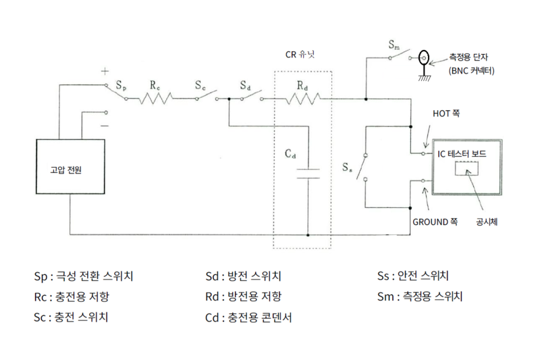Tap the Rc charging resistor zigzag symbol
pyautogui.click(x=155, y=99)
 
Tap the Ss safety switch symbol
pyautogui.click(x=364, y=163)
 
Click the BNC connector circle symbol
pyautogui.click(x=425, y=57)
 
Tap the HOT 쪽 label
pyautogui.click(x=446, y=115)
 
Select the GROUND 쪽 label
pyautogui.click(x=435, y=220)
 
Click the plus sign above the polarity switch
pyautogui.click(x=105, y=70)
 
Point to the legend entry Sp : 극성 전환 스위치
pyautogui.click(x=83, y=276)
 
